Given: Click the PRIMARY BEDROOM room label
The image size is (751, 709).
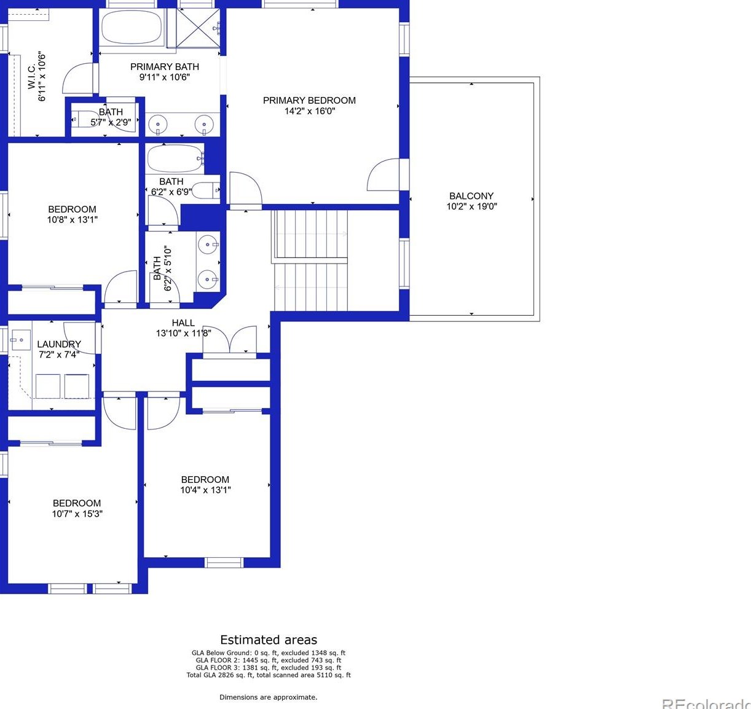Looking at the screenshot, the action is [309, 101].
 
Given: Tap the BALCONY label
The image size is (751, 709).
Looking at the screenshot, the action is [471, 196].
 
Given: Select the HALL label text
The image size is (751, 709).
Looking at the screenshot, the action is [183, 323].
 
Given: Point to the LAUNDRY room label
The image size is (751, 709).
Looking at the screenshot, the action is [59, 344].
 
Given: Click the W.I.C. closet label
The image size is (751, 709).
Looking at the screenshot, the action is [32, 76].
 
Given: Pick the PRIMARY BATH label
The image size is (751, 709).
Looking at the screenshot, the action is [165, 67].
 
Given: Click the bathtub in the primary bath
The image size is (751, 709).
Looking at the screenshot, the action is [132, 27].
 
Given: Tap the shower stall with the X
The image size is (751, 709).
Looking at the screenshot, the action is [198, 28].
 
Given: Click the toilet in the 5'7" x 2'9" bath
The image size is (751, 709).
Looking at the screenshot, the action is [84, 119].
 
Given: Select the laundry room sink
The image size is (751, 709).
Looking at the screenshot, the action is [20, 340].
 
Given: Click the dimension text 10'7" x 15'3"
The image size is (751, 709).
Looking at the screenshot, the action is [77, 514].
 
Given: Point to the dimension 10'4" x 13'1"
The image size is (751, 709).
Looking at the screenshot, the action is [205, 490].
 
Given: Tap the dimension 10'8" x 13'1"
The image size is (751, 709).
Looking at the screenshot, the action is [73, 220].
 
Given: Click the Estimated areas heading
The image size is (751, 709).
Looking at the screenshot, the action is [269, 640].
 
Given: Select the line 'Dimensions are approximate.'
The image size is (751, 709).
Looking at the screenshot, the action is [269, 697].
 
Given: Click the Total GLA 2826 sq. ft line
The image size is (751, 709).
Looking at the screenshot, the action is [269, 675].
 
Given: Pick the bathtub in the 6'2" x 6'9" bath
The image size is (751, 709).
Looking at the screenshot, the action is [175, 159].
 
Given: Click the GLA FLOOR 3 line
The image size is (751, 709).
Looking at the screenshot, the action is [269, 668].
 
